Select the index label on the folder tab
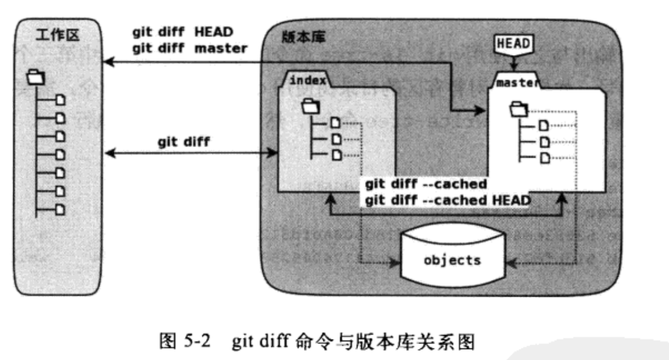coord(307,80)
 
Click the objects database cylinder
coord(452,260)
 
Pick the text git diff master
coord(189,48)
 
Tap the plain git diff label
coord(184,142)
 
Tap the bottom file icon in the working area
coord(60,209)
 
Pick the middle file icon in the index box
coord(336,139)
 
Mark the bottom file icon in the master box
coord(545,158)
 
